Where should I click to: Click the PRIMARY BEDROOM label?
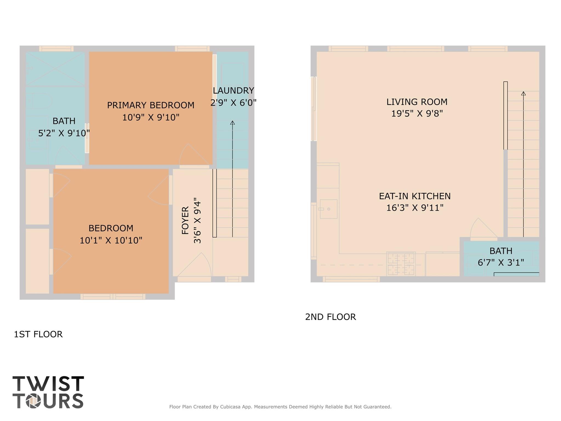150,105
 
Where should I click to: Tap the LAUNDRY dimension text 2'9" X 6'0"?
233,103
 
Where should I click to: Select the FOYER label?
186,220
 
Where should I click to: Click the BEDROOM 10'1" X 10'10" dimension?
111,240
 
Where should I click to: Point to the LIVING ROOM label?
417,102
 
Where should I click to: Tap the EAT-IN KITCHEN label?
414,196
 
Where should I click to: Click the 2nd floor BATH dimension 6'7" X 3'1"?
500,262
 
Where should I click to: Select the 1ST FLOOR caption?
38,334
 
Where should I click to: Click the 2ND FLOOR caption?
330,317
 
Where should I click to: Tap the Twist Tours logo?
48,392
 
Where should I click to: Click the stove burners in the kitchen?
401,264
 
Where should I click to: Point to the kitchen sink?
328,209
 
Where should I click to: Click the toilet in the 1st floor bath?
41,101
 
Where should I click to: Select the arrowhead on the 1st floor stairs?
232,123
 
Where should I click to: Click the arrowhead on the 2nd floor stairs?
523,93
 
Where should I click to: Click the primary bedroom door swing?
189,155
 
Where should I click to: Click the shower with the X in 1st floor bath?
55,68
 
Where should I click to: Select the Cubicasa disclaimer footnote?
280,407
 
